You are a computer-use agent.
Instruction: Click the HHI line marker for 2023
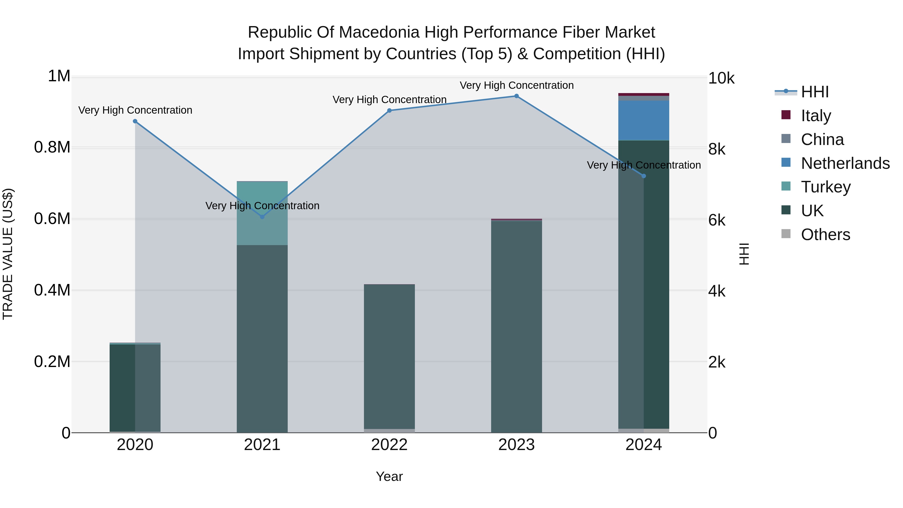tap(516, 96)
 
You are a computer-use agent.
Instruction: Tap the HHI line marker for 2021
tap(262, 217)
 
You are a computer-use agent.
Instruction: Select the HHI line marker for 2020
tap(135, 121)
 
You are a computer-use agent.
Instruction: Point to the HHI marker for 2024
tap(644, 176)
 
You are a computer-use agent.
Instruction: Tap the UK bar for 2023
tap(516, 326)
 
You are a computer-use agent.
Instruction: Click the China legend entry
tap(822, 139)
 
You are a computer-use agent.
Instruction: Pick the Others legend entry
tap(825, 235)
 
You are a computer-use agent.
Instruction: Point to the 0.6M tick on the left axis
tap(52, 219)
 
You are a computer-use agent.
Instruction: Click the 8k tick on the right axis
tap(717, 149)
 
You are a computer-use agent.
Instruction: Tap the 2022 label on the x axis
tap(389, 445)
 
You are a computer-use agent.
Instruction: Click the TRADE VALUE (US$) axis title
tap(8, 254)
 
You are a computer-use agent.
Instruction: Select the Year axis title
tap(389, 476)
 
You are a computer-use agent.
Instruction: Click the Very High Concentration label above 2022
tap(389, 100)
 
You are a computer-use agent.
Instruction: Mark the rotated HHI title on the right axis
tap(744, 254)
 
